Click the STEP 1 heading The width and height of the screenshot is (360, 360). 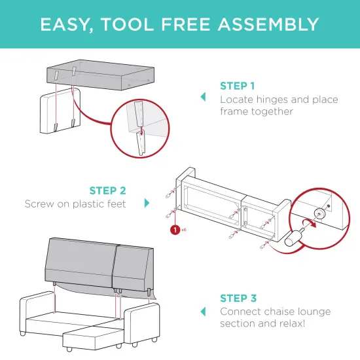pyautogui.click(x=238, y=86)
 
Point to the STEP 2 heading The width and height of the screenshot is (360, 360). pyautogui.click(x=107, y=191)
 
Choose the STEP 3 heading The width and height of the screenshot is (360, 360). pyautogui.click(x=238, y=298)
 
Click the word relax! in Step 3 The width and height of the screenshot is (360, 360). pyautogui.click(x=299, y=324)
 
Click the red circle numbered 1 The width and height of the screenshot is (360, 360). pyautogui.click(x=175, y=230)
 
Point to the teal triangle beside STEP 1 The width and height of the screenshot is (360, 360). pyautogui.click(x=203, y=97)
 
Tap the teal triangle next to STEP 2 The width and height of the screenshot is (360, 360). pyautogui.click(x=148, y=203)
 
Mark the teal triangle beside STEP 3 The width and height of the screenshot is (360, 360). pyautogui.click(x=203, y=311)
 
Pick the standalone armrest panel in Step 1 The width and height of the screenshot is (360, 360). pyautogui.click(x=59, y=111)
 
